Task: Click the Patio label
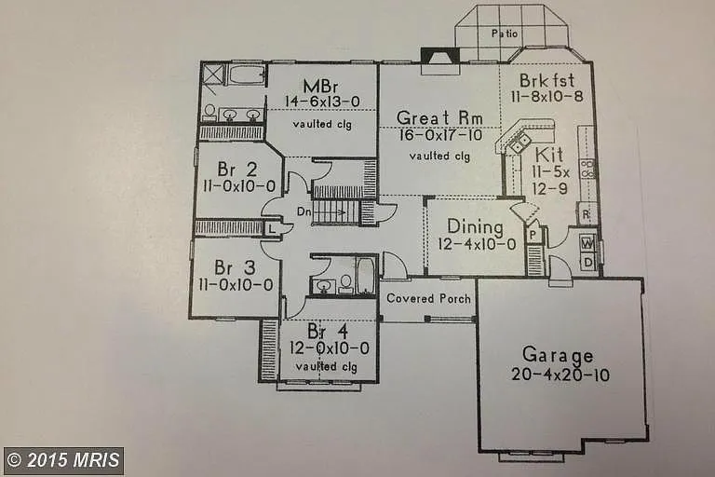click(506, 34)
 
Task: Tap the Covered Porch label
click(427, 299)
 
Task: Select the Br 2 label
click(236, 169)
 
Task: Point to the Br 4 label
click(328, 332)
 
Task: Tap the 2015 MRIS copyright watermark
click(63, 460)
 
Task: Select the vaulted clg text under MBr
click(322, 123)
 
